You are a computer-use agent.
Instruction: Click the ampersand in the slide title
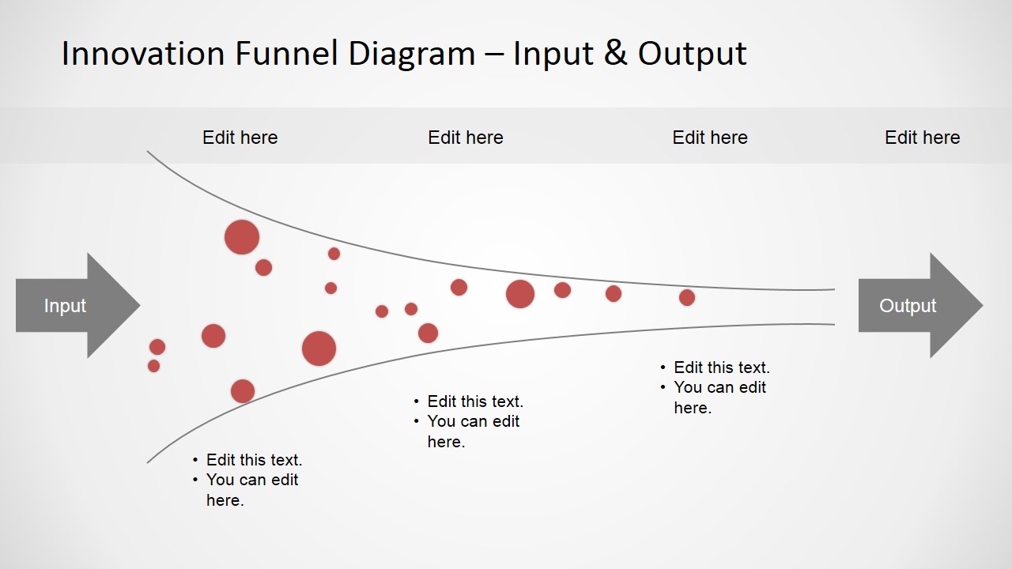click(x=614, y=54)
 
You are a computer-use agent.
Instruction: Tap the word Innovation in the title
click(x=142, y=54)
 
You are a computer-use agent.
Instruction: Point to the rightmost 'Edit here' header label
click(x=922, y=138)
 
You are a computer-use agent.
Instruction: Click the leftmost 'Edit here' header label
click(x=240, y=138)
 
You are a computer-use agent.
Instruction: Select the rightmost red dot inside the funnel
click(x=686, y=297)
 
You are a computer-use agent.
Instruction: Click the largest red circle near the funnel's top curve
click(x=242, y=237)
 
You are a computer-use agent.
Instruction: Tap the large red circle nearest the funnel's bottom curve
click(x=319, y=349)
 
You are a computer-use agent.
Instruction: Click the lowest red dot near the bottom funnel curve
click(x=243, y=390)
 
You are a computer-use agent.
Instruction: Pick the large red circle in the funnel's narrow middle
click(x=520, y=294)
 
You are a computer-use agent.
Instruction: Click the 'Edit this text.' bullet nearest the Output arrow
click(x=721, y=367)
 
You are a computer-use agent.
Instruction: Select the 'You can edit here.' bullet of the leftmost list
click(x=251, y=489)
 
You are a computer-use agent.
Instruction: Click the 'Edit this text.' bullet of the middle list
click(x=474, y=401)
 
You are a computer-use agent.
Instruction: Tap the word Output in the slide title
click(x=693, y=54)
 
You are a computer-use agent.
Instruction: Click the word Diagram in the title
click(x=412, y=54)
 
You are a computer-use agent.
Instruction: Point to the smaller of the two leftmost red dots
click(x=153, y=366)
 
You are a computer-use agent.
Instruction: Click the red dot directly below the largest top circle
click(x=263, y=267)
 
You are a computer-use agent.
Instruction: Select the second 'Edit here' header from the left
click(x=465, y=138)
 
